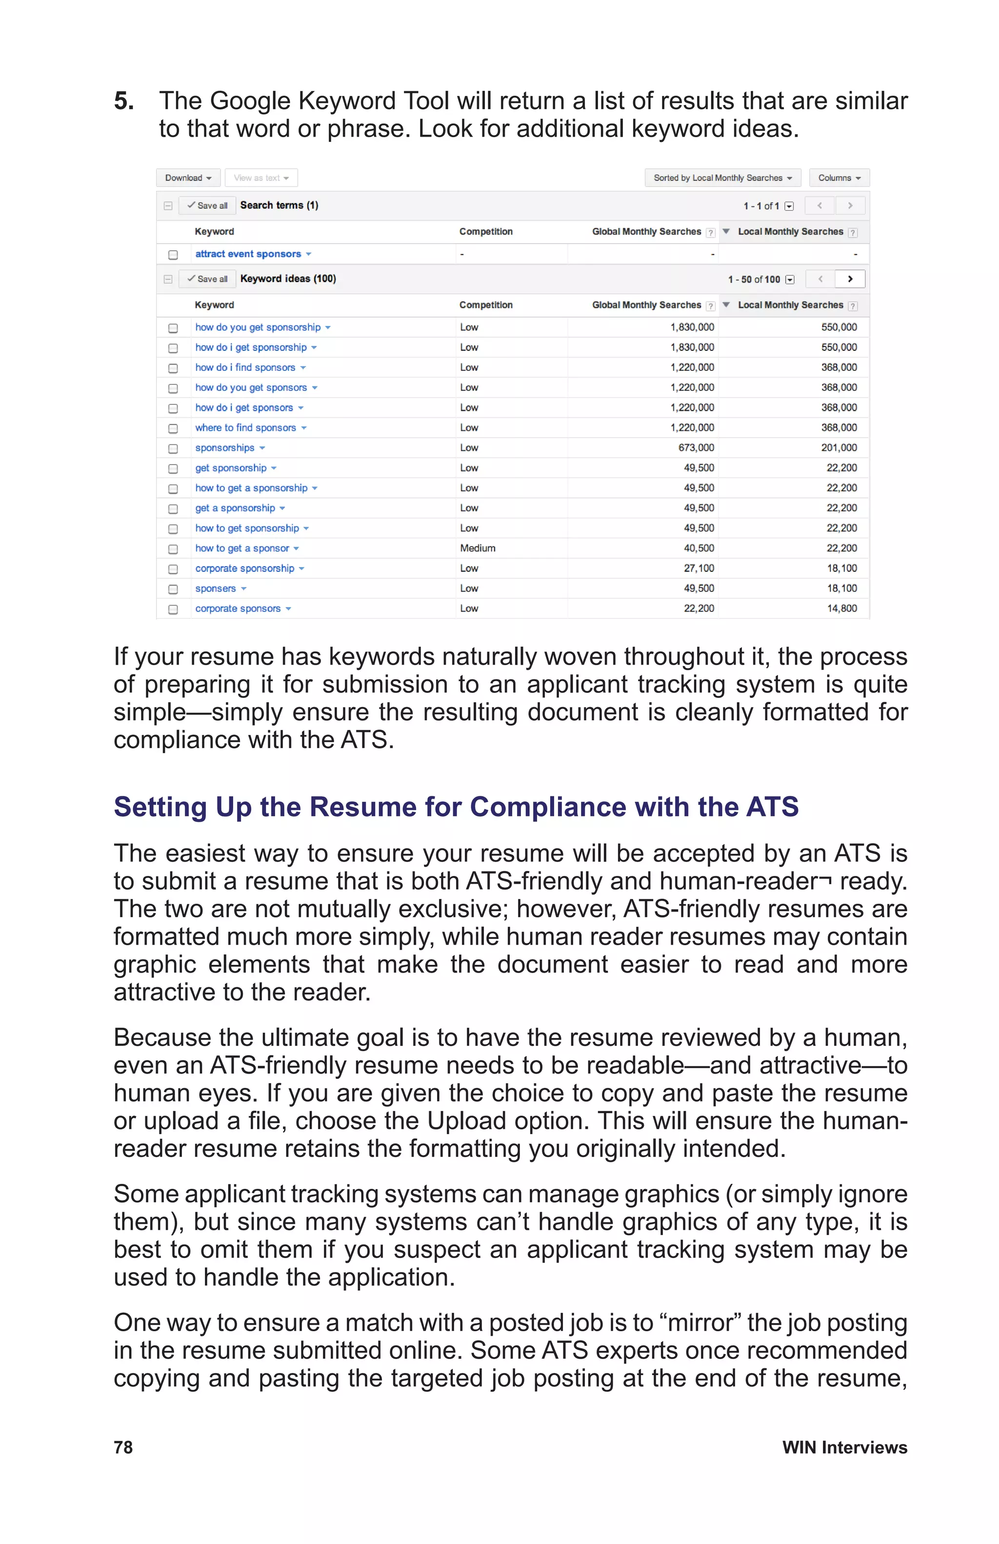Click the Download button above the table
tap(187, 178)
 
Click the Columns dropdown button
tap(839, 178)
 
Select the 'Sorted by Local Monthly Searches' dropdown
tap(722, 178)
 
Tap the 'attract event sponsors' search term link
tap(248, 254)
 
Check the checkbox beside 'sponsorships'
tap(173, 448)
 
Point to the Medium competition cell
tap(477, 548)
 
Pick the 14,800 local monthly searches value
tap(841, 609)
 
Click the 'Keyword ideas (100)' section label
tap(288, 279)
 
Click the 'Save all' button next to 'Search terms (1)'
tap(207, 205)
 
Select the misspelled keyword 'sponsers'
tap(215, 589)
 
